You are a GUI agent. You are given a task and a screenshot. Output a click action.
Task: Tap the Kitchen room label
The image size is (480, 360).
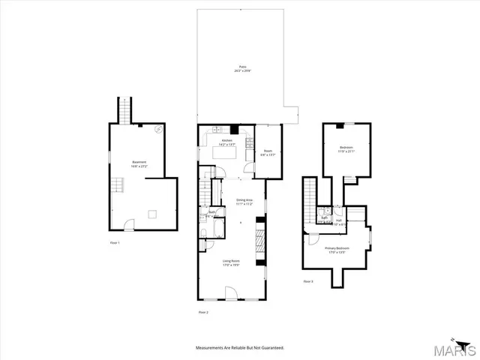tap(226, 142)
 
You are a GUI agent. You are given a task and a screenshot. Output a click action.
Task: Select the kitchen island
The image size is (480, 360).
tap(226, 153)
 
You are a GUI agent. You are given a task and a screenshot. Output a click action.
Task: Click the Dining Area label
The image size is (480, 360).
tap(244, 201)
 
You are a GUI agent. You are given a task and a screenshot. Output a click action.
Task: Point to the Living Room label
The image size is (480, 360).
tap(230, 262)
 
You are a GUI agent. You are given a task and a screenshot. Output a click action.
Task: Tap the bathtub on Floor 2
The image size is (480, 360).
tap(205, 241)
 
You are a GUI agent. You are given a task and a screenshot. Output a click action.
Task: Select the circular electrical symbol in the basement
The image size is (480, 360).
tap(159, 129)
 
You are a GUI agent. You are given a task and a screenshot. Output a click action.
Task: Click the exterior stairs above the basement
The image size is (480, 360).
tap(124, 110)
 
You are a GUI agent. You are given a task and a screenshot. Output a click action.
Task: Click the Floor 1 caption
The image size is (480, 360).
tap(114, 243)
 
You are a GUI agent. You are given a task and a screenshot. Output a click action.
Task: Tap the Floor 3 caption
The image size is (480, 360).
tap(308, 281)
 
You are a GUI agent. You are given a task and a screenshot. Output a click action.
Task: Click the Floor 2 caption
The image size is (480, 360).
tap(202, 311)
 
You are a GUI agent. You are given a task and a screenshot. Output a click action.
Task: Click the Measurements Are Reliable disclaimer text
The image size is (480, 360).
tap(240, 348)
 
